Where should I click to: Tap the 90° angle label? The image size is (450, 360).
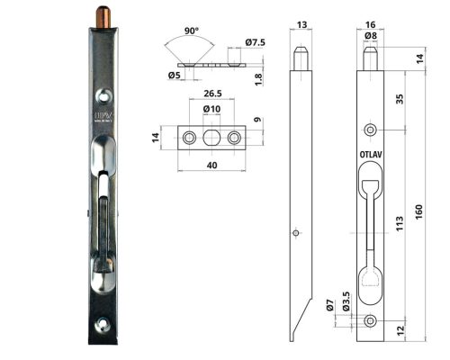click(x=192, y=31)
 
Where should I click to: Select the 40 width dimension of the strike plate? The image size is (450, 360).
click(x=212, y=166)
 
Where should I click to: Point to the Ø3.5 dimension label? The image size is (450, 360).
click(x=345, y=298)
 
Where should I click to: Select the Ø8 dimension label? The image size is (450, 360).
click(x=370, y=36)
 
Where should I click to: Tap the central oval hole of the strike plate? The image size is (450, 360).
click(x=212, y=136)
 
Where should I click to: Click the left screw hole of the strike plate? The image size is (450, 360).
click(x=189, y=137)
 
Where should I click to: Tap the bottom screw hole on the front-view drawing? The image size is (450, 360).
click(x=370, y=321)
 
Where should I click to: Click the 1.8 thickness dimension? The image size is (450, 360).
click(x=257, y=77)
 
